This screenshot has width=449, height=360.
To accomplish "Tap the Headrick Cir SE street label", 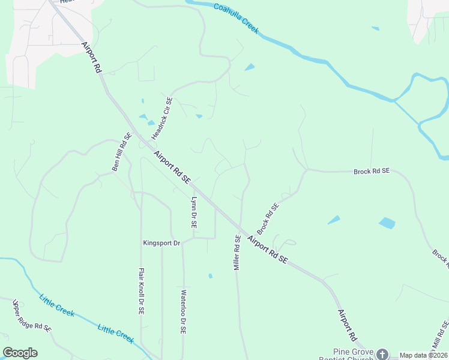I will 162,118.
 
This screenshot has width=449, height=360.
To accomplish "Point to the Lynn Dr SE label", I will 193,212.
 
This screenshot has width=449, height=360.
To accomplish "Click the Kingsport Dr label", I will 161,243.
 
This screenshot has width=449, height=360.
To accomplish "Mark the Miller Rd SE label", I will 237,252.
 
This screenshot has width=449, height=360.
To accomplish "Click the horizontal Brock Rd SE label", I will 372,171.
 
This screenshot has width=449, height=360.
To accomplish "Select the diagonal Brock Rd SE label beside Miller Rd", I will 268,218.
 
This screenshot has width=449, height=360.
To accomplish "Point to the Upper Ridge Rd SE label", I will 32,316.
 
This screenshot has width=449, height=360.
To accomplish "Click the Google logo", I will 20,353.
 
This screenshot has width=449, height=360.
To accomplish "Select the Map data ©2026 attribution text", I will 423,355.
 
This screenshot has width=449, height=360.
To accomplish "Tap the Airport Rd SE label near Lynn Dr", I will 172,167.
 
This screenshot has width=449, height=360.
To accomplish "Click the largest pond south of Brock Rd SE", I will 387,223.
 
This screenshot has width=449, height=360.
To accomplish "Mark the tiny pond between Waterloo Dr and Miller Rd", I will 210,276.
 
